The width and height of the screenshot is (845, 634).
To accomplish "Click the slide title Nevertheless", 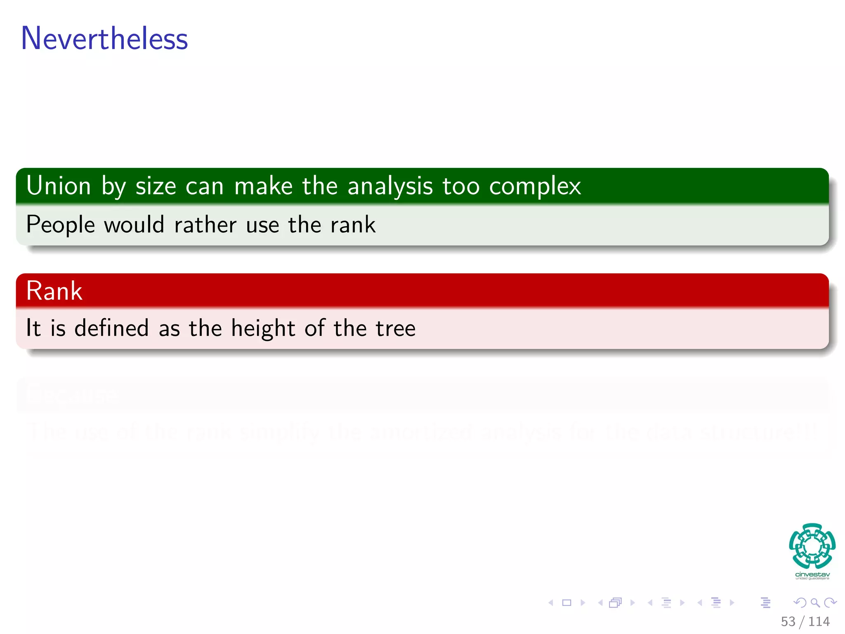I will point(104,38).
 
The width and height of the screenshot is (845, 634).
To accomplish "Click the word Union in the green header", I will point(58,186).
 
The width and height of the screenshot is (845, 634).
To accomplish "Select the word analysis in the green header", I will point(390,186).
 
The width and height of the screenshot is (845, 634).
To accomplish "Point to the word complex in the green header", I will point(535,186).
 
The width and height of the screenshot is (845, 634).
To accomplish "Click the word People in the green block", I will point(61,225).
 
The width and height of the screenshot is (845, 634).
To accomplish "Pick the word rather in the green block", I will point(205,225).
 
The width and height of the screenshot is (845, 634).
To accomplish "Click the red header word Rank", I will point(54,291).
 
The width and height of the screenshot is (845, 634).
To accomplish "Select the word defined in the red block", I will point(111,328).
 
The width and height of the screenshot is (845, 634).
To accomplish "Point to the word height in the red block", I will point(263,328).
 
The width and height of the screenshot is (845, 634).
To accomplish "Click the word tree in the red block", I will point(395,328).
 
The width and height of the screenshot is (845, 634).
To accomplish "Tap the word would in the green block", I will point(134,225).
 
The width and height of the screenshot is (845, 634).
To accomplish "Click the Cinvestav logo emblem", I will point(812,546).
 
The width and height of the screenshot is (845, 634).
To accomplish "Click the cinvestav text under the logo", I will point(812,575).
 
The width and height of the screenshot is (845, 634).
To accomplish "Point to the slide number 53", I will point(788,621).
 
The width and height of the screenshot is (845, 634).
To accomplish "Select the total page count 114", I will point(819,621).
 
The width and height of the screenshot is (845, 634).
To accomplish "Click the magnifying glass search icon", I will point(815,603).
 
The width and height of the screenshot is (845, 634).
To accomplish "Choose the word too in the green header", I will point(461,186).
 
